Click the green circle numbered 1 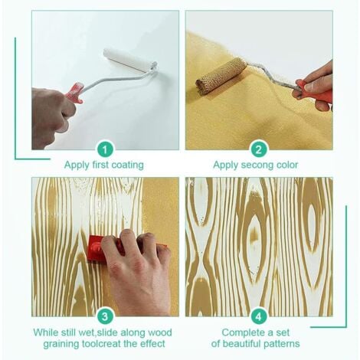(x=106, y=149)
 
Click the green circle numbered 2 (x=258, y=149)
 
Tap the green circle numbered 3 (x=106, y=316)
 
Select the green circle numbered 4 (x=258, y=316)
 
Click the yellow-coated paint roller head (x=221, y=76)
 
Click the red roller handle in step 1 (x=75, y=93)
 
